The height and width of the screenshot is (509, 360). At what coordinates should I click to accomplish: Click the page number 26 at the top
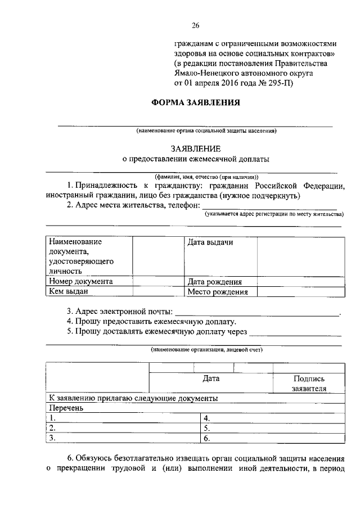(x=196, y=25)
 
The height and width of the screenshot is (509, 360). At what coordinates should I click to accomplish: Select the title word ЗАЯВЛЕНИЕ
(x=196, y=149)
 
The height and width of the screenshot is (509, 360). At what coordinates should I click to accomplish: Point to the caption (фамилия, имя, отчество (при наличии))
(x=206, y=177)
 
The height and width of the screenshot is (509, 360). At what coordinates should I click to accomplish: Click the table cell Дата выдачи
(x=210, y=242)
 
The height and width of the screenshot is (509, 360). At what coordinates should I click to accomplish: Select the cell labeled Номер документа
(x=81, y=282)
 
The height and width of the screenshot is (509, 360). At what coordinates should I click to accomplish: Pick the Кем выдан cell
(x=69, y=292)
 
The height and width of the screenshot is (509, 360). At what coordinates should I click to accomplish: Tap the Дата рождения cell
(x=215, y=282)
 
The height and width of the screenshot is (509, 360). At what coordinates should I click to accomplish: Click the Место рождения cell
(x=218, y=292)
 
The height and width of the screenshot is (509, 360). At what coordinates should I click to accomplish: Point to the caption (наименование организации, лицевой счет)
(x=206, y=349)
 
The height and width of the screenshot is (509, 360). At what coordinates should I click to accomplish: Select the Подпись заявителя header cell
(x=309, y=384)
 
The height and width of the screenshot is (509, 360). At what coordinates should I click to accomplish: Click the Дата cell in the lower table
(x=211, y=379)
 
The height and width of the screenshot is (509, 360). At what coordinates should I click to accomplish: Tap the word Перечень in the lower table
(x=66, y=408)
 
